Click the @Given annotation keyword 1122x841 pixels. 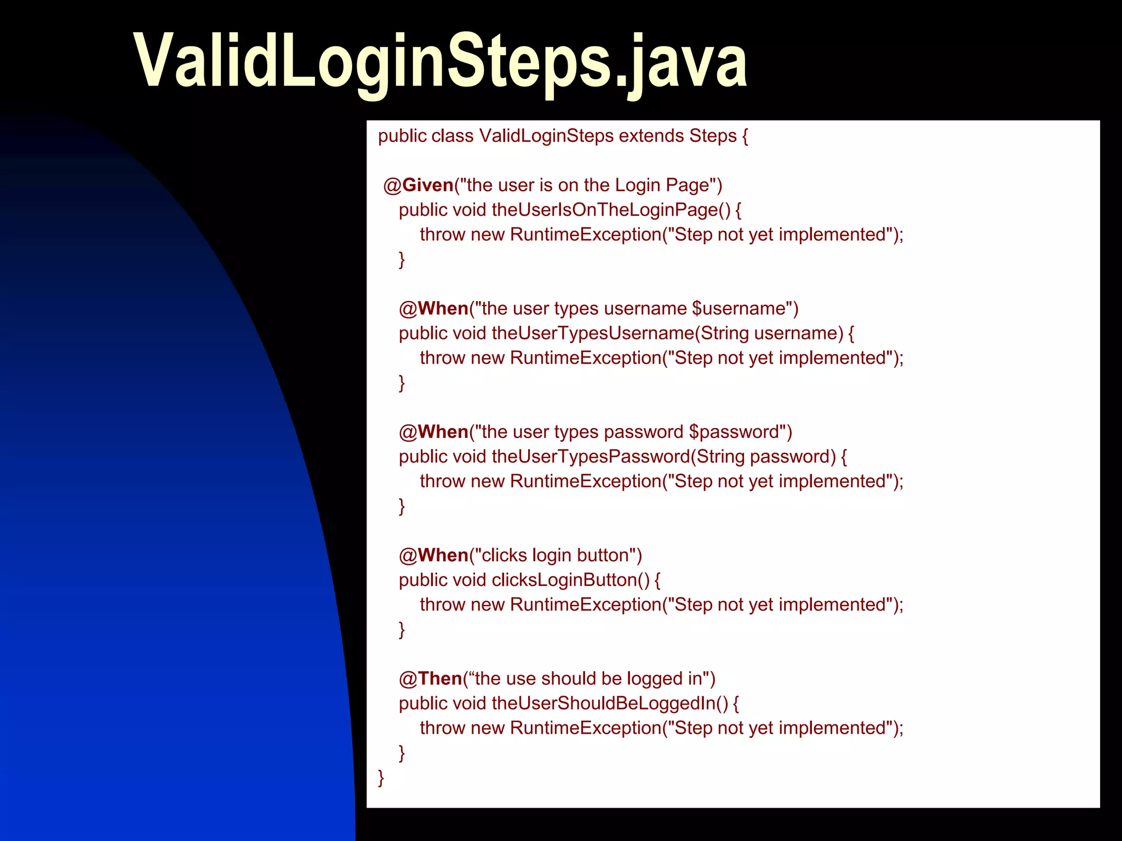tap(419, 185)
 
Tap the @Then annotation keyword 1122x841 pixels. tap(431, 678)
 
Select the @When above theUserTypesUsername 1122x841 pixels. tap(433, 308)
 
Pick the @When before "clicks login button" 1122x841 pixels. tap(433, 555)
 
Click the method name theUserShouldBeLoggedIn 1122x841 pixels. tap(610, 703)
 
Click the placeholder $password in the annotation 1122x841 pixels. tap(734, 432)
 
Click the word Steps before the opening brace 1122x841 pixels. tap(713, 136)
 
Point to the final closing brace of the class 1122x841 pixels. tap(381, 777)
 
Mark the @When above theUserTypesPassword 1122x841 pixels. tap(433, 432)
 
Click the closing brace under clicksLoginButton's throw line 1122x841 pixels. tap(402, 629)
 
